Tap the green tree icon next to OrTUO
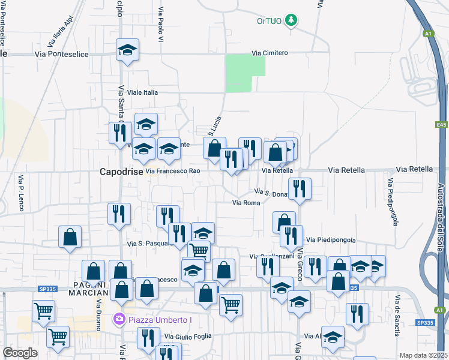(x=291, y=21)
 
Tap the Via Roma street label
(x=246, y=203)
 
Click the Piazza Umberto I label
(x=160, y=319)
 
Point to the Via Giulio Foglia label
(x=188, y=337)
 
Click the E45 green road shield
(x=442, y=125)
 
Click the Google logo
(x=20, y=353)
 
